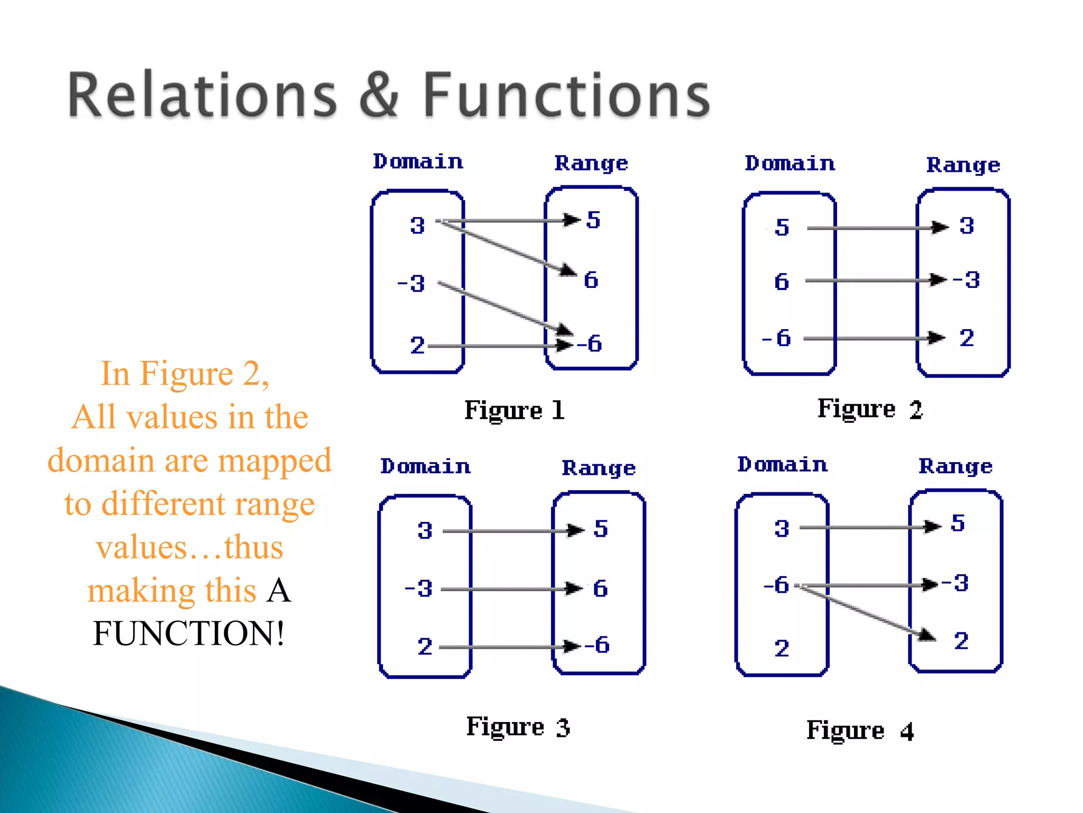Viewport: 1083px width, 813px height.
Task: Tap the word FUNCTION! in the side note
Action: (x=189, y=633)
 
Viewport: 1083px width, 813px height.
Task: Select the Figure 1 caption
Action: (x=515, y=411)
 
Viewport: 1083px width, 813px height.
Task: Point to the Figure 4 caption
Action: (x=860, y=731)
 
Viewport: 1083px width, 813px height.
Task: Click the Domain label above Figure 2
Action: (x=790, y=164)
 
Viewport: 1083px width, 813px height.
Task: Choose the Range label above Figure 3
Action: (x=599, y=468)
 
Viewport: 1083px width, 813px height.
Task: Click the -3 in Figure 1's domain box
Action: (x=411, y=284)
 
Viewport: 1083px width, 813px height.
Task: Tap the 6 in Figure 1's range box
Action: (x=591, y=280)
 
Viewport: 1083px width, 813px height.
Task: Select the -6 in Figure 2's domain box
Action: (x=776, y=338)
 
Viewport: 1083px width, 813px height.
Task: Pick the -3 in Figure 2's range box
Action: (x=966, y=279)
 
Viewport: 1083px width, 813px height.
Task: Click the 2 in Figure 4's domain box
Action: (x=782, y=648)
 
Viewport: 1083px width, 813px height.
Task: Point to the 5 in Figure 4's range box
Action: (x=958, y=523)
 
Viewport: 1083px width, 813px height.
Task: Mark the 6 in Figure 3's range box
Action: (x=600, y=589)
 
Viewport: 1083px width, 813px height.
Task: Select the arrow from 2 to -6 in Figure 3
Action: (x=508, y=647)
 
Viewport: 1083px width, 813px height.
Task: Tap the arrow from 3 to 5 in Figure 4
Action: (x=867, y=527)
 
